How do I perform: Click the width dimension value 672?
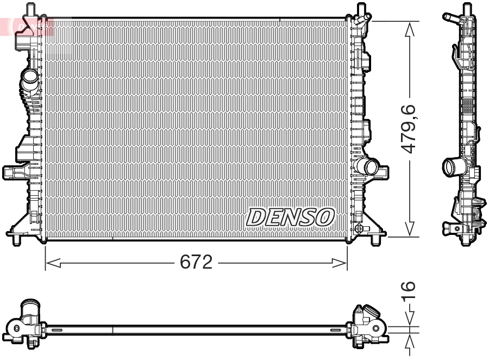click(196, 263)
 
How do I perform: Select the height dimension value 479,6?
click(409, 129)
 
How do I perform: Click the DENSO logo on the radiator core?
click(290, 217)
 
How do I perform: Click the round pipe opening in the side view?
click(451, 165)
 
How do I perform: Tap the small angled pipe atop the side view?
click(451, 18)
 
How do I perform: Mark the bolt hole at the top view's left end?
click(16, 328)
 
